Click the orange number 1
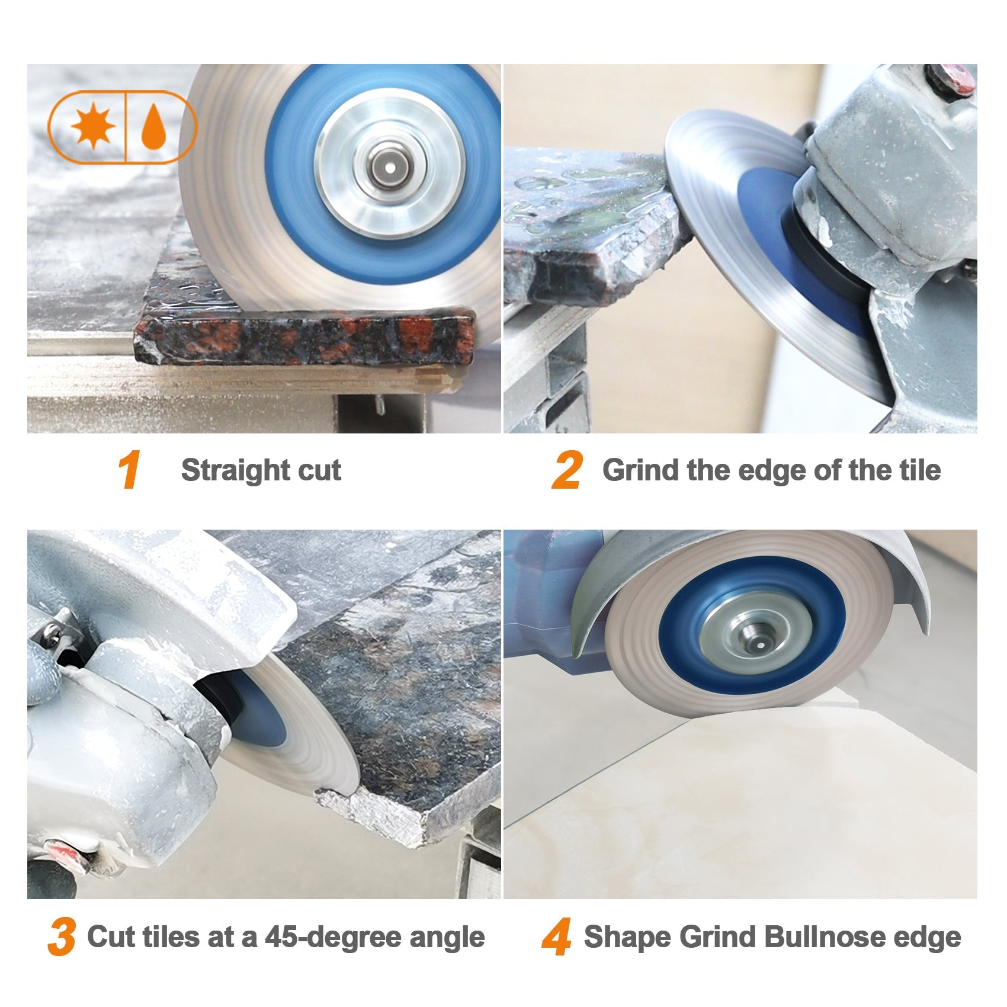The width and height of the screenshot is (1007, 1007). click(129, 470)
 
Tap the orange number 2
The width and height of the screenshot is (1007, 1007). click(567, 470)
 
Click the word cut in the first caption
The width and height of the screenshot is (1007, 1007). click(319, 470)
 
